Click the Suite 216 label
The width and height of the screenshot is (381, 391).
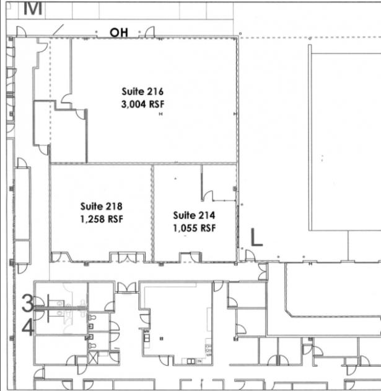pos(142,91)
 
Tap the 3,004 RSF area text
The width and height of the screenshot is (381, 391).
pos(142,104)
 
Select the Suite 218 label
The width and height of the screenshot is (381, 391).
pos(101,207)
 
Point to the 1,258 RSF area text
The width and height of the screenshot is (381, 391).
pos(102,219)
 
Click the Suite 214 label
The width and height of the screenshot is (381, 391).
pos(194,215)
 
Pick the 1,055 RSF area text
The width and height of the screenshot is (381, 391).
pos(195,228)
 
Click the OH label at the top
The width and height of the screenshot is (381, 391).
pos(119,33)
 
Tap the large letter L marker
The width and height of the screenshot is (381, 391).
pos(256,237)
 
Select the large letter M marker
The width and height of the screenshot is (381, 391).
pos(33,8)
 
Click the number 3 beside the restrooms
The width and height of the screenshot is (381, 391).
pos(27,303)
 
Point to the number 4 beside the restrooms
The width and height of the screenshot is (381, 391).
pos(28,328)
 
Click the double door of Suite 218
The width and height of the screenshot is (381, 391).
pos(127,258)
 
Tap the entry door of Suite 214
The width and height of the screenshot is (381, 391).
pos(195,258)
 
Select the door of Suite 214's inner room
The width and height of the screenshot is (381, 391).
pos(208,195)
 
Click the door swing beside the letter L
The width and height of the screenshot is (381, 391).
pos(250,255)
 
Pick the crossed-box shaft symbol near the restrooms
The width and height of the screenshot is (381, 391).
pos(93,358)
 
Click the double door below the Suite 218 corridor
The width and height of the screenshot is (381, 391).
pos(127,287)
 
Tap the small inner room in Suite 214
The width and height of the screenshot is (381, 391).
pos(219,182)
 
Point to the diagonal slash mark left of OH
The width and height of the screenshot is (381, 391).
pos(58,30)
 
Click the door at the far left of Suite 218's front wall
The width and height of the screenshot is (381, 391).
pos(56,257)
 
